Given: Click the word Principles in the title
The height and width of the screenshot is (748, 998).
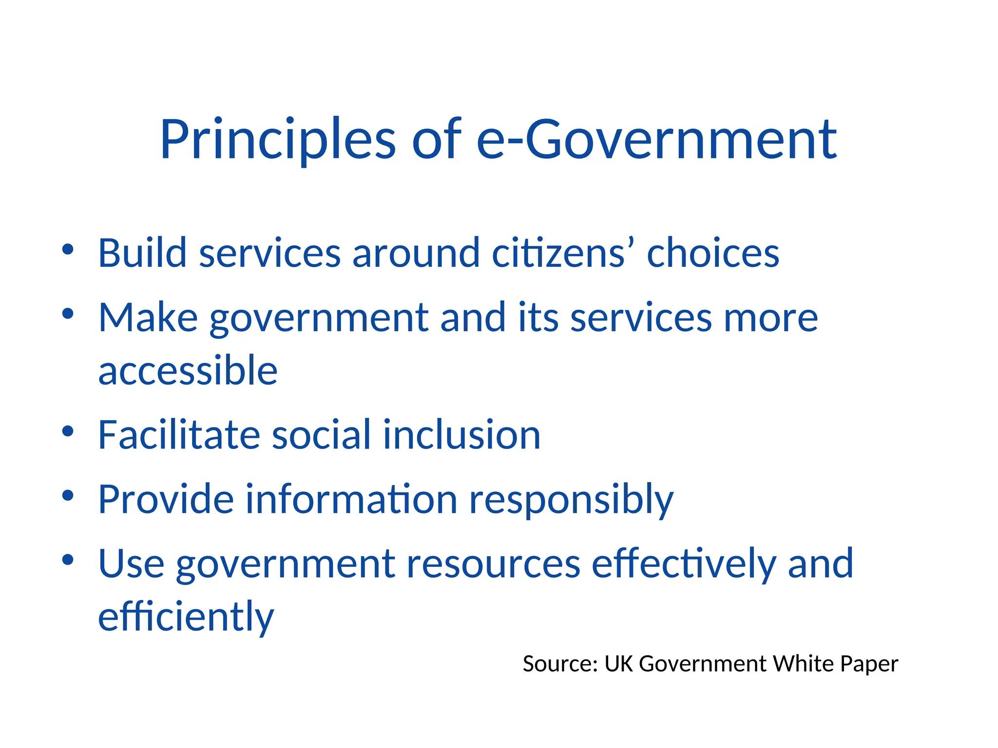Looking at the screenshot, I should coord(278,140).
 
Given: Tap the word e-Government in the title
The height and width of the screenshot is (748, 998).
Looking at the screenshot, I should coord(656,140).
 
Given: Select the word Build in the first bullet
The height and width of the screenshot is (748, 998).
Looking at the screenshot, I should coord(142,253).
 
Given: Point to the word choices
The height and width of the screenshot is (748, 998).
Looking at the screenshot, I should coord(713,253).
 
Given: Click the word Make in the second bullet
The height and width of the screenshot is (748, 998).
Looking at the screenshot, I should coord(148,318).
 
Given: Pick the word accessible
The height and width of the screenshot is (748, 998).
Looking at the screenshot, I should coord(188,371).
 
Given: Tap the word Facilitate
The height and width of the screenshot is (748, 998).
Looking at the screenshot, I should coord(179,434).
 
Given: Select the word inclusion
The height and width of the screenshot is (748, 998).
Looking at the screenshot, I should coord(461,434).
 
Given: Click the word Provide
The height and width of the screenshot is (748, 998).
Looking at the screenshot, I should coord(166,499).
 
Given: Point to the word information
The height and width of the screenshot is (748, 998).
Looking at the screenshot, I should coord(351,499).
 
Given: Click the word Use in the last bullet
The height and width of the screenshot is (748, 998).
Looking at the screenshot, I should coord(131,563).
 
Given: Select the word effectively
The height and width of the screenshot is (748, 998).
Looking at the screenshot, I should coord(684,564).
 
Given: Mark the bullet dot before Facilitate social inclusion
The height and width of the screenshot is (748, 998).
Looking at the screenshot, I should coord(68,430).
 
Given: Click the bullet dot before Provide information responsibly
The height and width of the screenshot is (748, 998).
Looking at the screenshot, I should coord(68,495).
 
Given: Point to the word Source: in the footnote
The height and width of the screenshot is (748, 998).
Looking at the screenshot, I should coord(560,664).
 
